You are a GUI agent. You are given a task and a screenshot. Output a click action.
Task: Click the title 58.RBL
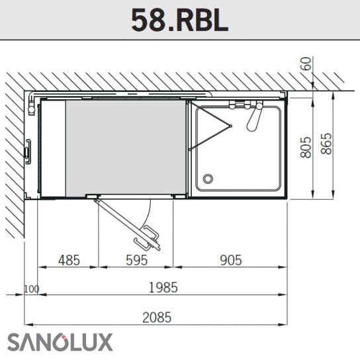coord(180,21)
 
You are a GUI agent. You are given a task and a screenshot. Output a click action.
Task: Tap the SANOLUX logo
coord(60,342)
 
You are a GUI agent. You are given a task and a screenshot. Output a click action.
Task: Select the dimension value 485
coord(69,260)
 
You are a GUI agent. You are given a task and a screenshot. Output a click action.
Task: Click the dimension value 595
coord(136,260)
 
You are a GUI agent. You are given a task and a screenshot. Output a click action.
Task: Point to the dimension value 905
coord(231,260)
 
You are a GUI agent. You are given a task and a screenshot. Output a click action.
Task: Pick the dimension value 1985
coord(163,287)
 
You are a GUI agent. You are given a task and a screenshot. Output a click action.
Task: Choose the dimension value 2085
coord(157,317)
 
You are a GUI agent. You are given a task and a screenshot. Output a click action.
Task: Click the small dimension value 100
coord(32,289)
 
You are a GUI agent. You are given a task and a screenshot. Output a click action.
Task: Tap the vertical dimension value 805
coord(306,147)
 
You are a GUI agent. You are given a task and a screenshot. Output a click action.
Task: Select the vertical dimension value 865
coord(326,144)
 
